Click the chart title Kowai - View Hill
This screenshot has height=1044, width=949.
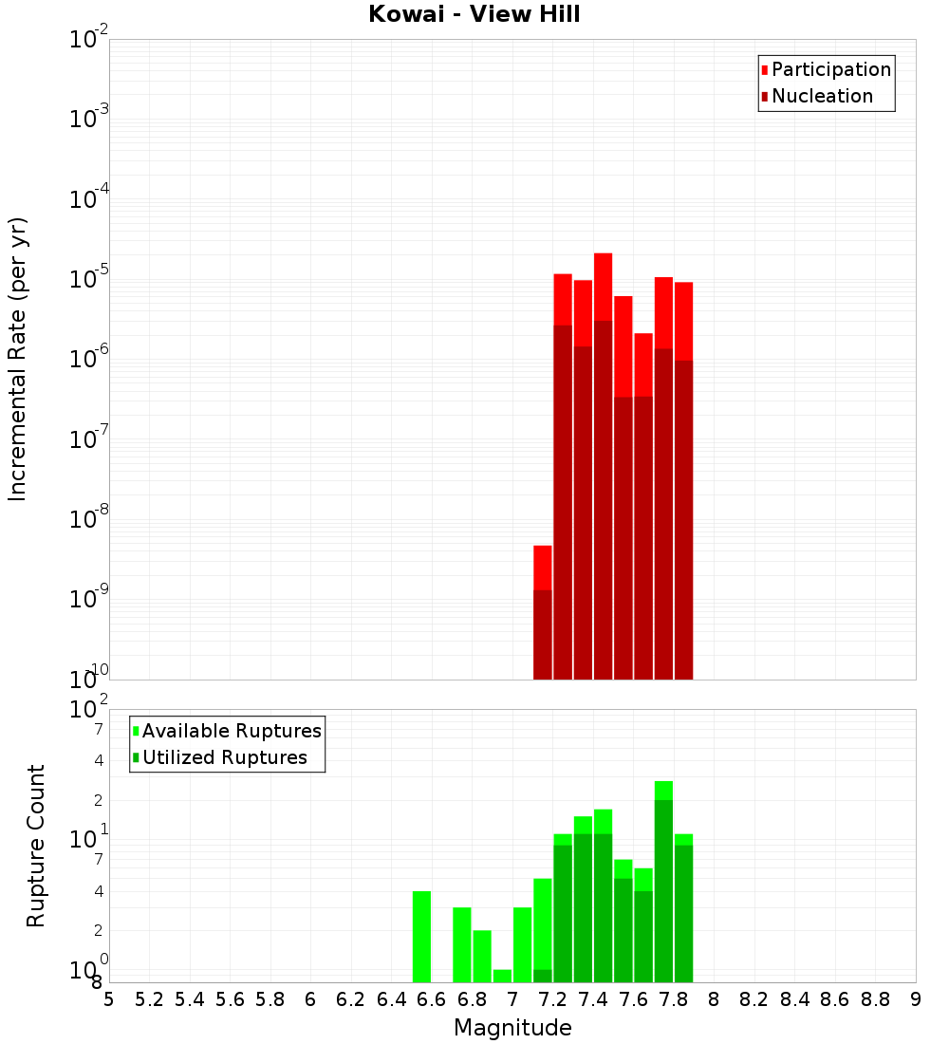point(474,14)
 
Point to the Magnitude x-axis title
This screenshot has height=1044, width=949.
point(512,1028)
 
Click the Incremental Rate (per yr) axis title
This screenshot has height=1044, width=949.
point(18,359)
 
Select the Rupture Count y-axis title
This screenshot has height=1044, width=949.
point(36,846)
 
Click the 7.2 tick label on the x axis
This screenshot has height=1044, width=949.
point(552,999)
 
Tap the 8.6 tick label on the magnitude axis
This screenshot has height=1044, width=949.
point(835,999)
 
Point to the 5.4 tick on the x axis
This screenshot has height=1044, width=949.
point(190,999)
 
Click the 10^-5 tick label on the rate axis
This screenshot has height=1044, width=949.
point(89,279)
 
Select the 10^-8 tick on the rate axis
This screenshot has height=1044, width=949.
point(89,519)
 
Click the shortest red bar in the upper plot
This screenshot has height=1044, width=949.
point(543,612)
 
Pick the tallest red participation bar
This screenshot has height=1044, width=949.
point(603,465)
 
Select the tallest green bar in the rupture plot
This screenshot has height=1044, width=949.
point(663,883)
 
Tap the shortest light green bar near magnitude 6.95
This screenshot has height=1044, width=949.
point(503,976)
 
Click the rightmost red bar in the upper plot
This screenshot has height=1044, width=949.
point(683,479)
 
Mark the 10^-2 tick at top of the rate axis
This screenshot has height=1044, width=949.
point(89,40)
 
